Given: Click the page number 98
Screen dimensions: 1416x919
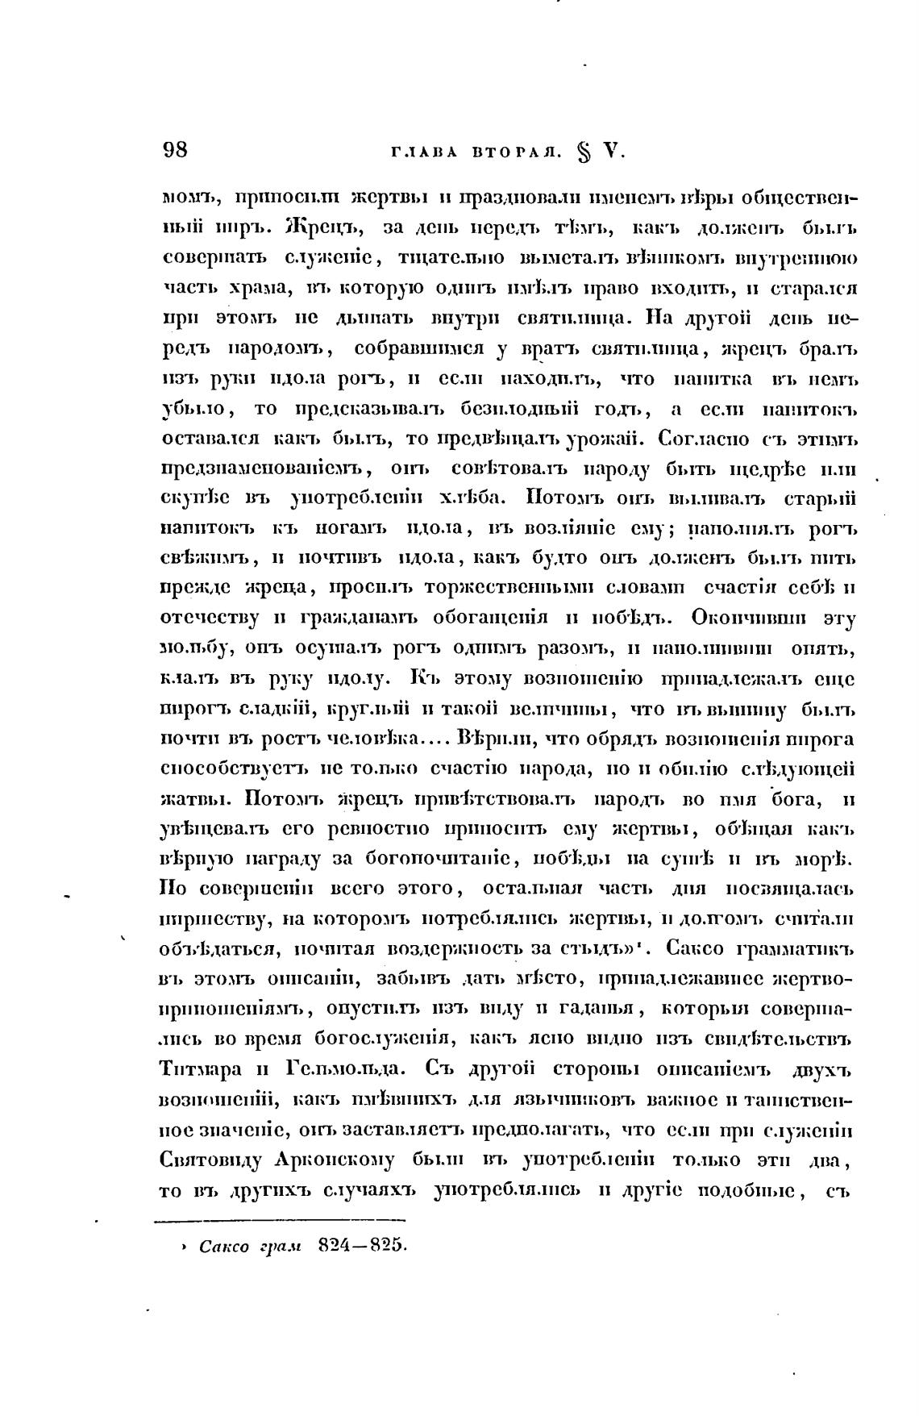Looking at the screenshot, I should pos(175,150).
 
